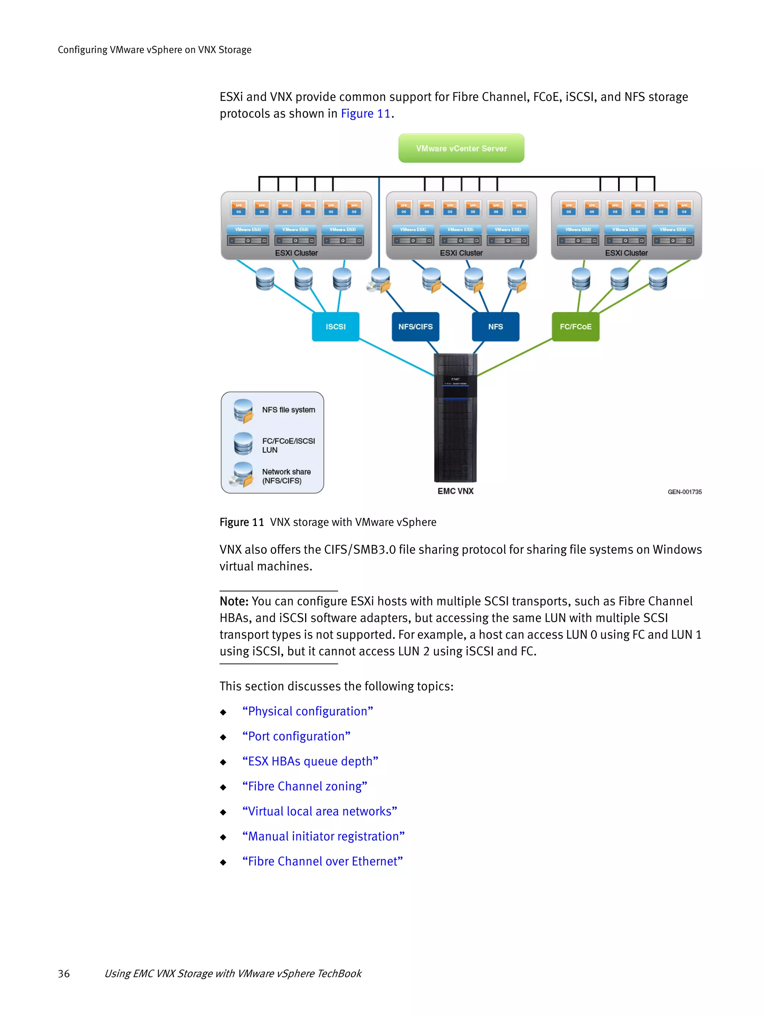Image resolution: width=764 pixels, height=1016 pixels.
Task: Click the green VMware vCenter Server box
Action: point(461,148)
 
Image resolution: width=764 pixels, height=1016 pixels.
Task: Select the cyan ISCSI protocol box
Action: point(335,326)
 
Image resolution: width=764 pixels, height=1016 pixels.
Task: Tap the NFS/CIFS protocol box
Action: point(415,326)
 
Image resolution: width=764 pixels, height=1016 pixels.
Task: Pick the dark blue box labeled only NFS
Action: point(495,326)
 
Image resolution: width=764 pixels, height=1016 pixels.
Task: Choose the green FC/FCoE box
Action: point(575,326)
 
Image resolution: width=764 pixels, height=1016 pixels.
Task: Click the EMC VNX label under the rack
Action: point(455,491)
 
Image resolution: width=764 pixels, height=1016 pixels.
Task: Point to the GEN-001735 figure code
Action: point(684,492)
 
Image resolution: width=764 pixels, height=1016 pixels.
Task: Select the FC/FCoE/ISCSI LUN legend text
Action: point(288,445)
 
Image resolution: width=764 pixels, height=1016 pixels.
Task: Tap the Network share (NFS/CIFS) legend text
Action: point(286,476)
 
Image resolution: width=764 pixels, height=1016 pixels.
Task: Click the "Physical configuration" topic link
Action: point(307,711)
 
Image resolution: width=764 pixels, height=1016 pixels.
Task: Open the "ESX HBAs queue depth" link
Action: point(310,761)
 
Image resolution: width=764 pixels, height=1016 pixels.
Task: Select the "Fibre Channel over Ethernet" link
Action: point(322,861)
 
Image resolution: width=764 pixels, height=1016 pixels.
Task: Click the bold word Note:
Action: point(234,601)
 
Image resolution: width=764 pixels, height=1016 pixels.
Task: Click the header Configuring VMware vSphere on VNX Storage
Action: point(154,50)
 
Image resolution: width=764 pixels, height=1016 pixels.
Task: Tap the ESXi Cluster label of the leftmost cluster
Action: point(296,253)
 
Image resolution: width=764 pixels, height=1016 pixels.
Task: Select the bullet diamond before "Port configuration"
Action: point(223,737)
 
